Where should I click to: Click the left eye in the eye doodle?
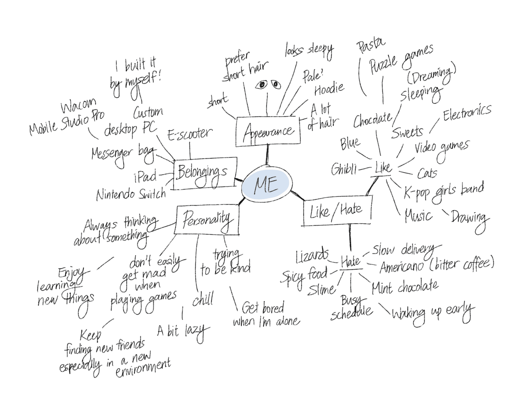point(261,85)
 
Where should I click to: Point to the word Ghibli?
point(344,169)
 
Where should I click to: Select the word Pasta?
point(371,45)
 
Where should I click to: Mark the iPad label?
point(145,177)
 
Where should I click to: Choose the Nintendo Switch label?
point(131,194)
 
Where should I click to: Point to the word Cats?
point(427,173)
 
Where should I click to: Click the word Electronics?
point(467,112)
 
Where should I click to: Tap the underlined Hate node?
point(350,262)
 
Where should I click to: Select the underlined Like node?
point(383,168)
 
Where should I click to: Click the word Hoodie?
point(329,89)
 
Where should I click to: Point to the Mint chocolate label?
point(405,287)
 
